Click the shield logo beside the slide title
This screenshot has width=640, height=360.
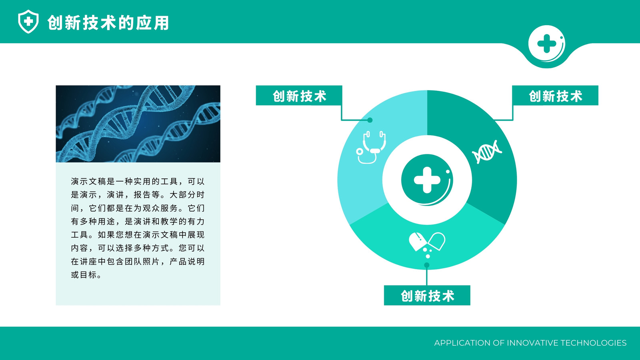28,22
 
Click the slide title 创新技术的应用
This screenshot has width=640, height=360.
108,23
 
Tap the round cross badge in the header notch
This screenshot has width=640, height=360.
546,44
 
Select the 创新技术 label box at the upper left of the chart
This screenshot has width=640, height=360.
299,96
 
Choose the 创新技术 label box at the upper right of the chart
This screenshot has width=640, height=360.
555,96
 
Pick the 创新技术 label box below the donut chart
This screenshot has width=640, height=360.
427,296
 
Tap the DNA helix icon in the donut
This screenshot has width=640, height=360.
487,152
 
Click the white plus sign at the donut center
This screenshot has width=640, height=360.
427,180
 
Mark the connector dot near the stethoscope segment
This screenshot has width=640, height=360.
370,120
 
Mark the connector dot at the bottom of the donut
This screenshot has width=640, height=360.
427,266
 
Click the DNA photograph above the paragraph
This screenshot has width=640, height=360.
138,124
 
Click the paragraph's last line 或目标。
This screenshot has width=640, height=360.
86,275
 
